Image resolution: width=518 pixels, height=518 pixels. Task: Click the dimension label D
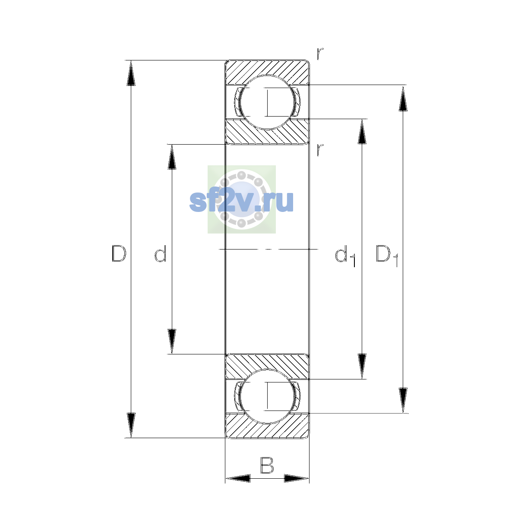[x=119, y=253]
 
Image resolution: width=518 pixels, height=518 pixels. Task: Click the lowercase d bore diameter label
[x=161, y=253]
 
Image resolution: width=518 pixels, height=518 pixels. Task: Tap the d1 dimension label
[x=345, y=256]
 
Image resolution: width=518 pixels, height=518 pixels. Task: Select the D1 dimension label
[x=387, y=256]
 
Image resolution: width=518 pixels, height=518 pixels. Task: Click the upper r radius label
[x=319, y=54]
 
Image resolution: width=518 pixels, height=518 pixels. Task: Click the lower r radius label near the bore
[x=319, y=150]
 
